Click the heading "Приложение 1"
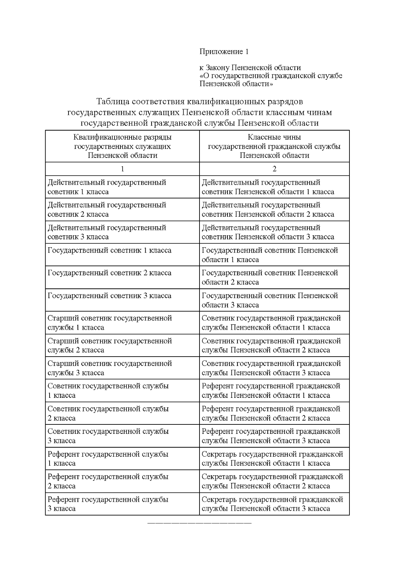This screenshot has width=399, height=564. pos(224,52)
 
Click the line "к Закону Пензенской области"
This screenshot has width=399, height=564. pos(250,68)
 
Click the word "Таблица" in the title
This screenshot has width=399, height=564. pos(112,101)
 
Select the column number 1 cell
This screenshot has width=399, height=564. pos(122,169)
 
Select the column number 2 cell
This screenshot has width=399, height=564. pos(274,169)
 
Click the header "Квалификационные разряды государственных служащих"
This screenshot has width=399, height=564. pos(122,146)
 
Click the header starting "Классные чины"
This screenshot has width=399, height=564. pos(274,146)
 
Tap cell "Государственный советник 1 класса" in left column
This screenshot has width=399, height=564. pos(110,251)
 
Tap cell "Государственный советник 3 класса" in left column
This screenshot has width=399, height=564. pos(110,296)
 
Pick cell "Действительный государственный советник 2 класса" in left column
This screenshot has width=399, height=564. pos(107,210)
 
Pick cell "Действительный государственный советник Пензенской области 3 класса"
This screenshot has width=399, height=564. pos(268,232)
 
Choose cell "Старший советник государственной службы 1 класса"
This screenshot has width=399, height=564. pos(110,323)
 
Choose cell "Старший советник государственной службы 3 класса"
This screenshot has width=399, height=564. pos(110,368)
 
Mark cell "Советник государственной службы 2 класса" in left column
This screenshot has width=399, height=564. pos(108,413)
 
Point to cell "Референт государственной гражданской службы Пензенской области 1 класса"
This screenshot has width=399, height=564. pos(271,391)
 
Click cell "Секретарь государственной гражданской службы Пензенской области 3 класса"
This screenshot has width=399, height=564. pos(272,504)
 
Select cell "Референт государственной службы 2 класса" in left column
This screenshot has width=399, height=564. pos(108,481)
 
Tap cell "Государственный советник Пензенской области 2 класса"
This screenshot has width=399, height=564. pos(270,278)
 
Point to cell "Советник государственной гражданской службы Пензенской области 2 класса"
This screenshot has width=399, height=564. pos(271,345)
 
